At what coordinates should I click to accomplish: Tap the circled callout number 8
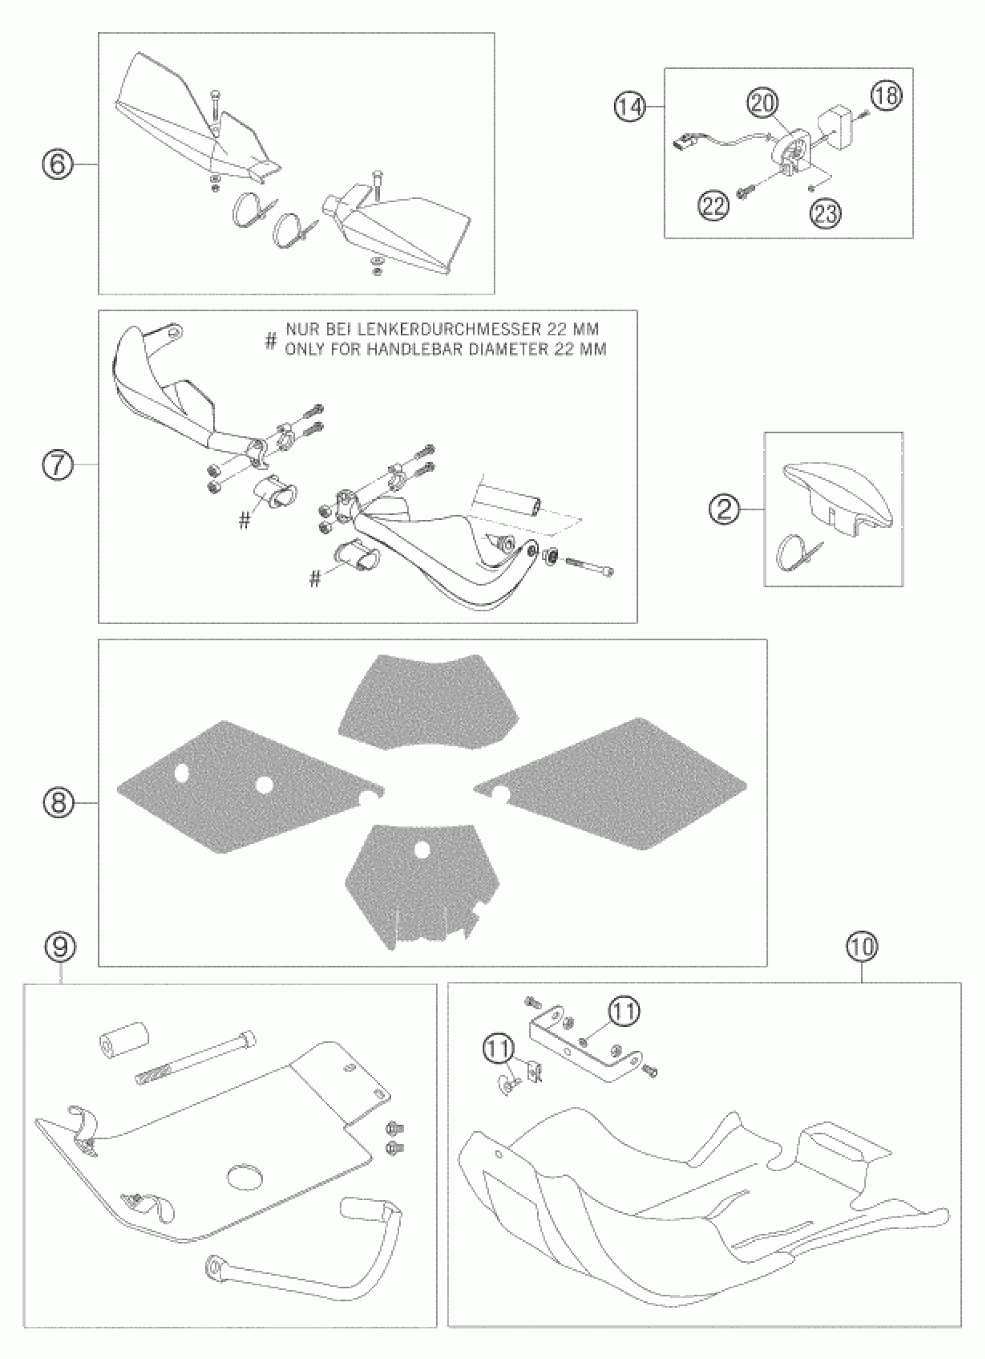59,802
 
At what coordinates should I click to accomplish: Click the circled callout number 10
862,947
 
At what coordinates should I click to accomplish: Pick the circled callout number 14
630,108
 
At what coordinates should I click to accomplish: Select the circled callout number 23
826,212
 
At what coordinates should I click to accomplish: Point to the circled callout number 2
724,509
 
